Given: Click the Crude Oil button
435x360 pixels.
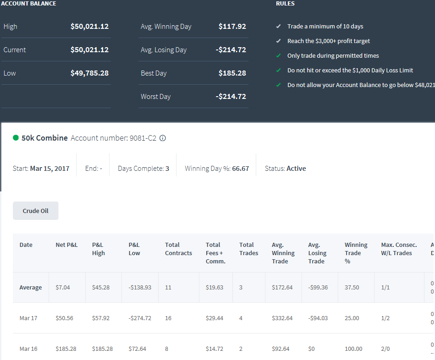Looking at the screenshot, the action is pos(35,211).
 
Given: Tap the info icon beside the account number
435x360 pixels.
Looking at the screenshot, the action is pos(163,138).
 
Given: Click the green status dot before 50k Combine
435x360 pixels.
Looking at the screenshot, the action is pos(16,138).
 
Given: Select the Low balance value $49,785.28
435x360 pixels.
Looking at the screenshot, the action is pos(89,73).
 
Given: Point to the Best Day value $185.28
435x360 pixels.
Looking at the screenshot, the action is pos(232,73).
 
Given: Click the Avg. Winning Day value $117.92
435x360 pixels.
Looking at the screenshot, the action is pos(232,26).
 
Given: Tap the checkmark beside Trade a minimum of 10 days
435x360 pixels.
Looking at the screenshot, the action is pos(279,26).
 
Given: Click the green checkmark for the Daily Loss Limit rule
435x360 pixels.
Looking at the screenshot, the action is pos(279,70).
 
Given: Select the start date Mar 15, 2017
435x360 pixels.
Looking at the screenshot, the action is pos(50,169).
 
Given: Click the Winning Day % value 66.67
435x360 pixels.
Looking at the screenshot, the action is pos(241,169).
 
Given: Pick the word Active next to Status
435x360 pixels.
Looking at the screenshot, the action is pos(296,169).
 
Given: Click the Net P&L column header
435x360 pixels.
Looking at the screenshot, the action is pos(66,245).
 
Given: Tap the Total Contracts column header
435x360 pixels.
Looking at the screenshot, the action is pos(178,249).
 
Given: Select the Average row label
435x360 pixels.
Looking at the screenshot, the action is pos(31,287).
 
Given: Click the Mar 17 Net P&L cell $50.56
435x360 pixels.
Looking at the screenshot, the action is pos(64,318).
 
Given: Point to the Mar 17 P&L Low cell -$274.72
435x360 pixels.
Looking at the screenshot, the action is pos(140,318).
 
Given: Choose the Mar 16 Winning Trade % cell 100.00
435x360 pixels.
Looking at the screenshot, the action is pos(353,349).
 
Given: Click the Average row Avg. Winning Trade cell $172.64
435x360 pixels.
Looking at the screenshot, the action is pos(282,287).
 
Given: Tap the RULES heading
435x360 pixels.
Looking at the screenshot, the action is pos(285,4).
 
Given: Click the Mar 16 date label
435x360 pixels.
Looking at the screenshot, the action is pos(28,349).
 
